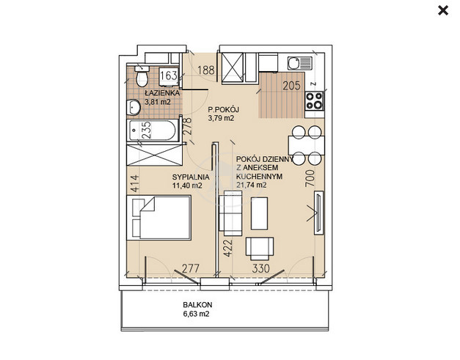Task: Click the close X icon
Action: pos(443,11)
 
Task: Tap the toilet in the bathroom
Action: pos(142,76)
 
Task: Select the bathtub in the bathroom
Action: pos(153,131)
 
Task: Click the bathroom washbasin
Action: pos(134,107)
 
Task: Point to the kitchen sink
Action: pos(300,63)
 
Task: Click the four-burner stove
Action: pos(315,101)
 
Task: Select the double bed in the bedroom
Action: pos(158,218)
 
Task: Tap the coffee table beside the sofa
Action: pos(259,213)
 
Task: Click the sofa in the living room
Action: pos(230,213)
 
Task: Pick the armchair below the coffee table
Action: pos(260,249)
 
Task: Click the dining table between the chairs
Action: pos(307,145)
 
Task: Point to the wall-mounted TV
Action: pos(318,213)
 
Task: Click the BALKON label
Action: pos(197,304)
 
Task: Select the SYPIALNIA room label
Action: pos(191,177)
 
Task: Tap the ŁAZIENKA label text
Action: pos(162,93)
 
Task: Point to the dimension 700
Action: pos(310,178)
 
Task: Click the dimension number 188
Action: pos(206,70)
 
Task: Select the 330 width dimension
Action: pos(260,268)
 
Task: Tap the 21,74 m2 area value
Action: pos(251,185)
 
